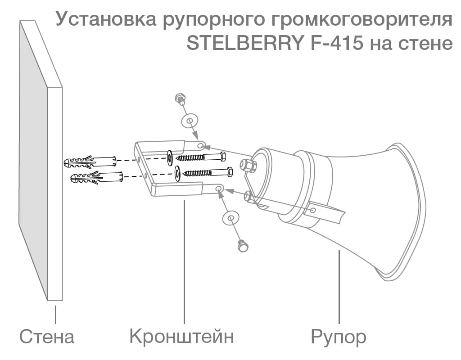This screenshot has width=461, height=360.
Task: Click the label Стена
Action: pyautogui.click(x=46, y=337)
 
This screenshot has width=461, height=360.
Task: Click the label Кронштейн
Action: pyautogui.click(x=181, y=336)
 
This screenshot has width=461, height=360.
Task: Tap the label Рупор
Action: pyautogui.click(x=338, y=337)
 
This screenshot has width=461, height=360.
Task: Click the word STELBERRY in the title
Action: pyautogui.click(x=243, y=44)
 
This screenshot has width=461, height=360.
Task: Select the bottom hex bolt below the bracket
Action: pyautogui.click(x=244, y=246)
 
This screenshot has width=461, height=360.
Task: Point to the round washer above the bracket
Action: pyautogui.click(x=190, y=120)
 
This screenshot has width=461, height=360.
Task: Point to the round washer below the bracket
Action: pyautogui.click(x=230, y=218)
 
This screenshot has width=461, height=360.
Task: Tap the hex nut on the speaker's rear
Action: pyautogui.click(x=249, y=165)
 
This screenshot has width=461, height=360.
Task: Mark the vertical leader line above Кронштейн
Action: pyautogui.click(x=185, y=261)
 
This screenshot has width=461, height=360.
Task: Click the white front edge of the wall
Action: pyautogui.click(x=55, y=193)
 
